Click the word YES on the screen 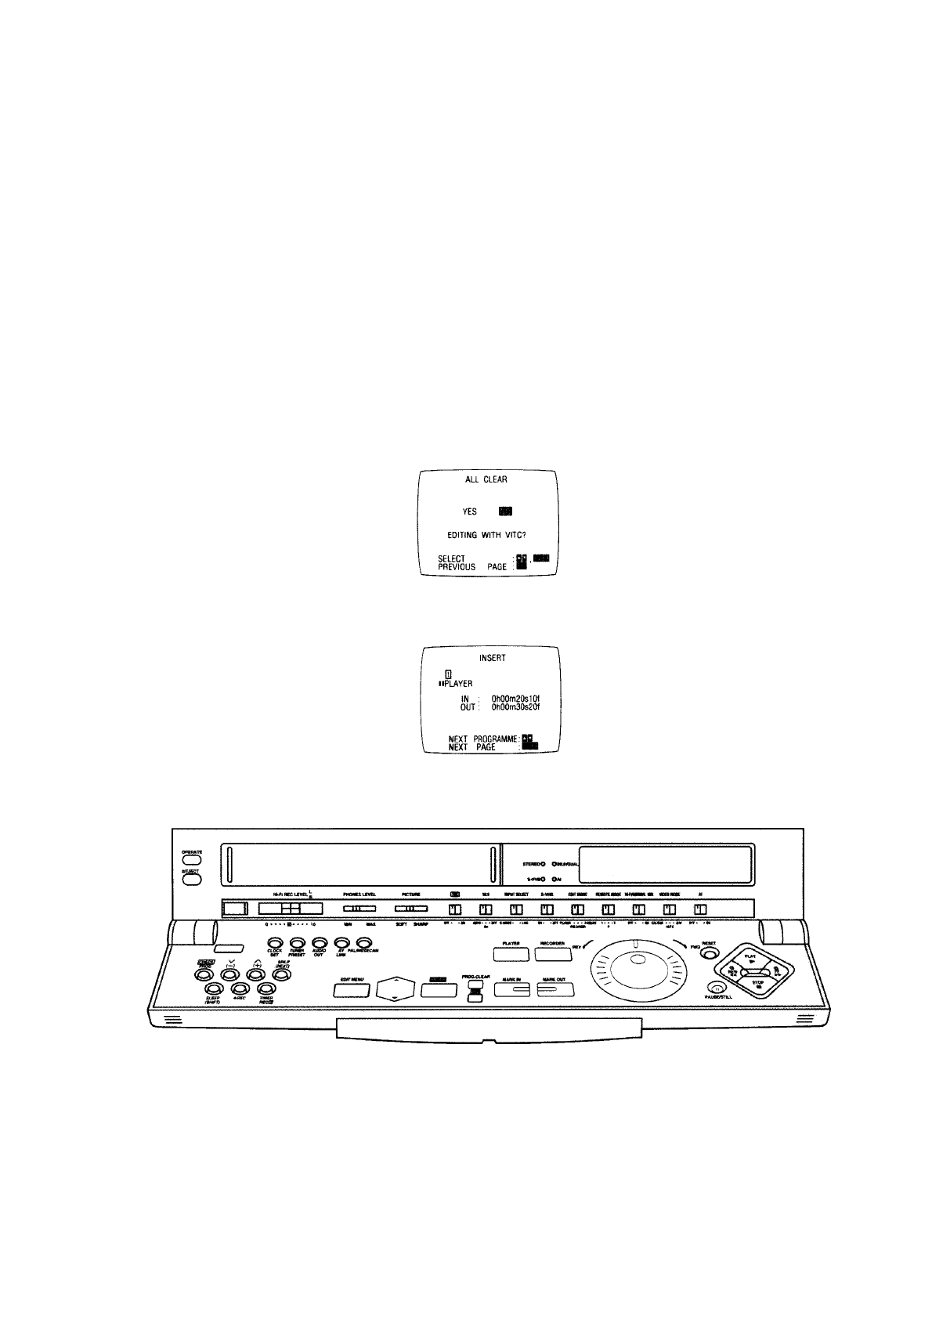tap(469, 511)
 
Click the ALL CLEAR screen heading tap(486, 479)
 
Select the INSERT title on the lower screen tap(492, 658)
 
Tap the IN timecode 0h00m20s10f tap(515, 698)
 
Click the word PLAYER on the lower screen tap(458, 684)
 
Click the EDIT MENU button tap(352, 990)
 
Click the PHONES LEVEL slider tap(359, 909)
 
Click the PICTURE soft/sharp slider tap(410, 909)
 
